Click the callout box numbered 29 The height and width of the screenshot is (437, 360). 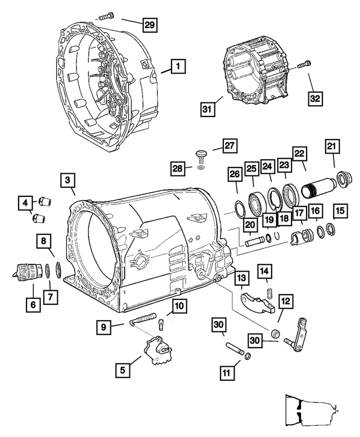click(x=148, y=24)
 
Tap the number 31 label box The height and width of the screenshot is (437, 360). click(x=206, y=109)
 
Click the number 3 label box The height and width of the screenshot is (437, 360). click(x=67, y=181)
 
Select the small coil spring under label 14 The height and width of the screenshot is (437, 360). click(x=269, y=292)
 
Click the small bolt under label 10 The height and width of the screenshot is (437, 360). click(x=161, y=324)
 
